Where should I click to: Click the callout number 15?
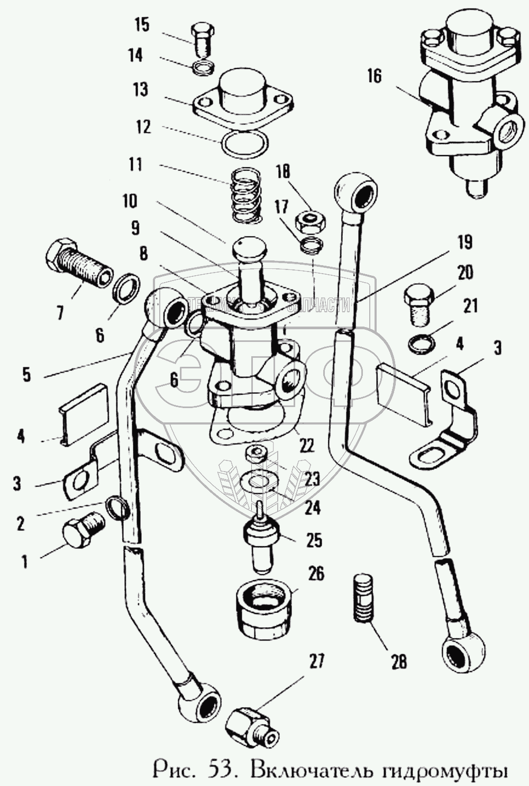pos(142,25)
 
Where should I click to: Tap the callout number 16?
pos(374,76)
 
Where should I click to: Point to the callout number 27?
pos(316,661)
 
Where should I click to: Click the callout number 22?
pos(306,446)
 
